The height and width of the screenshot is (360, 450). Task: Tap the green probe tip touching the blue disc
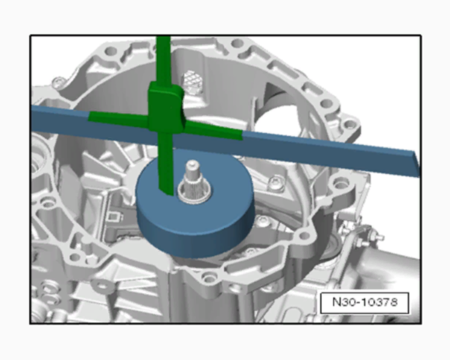pyautogui.click(x=166, y=185)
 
